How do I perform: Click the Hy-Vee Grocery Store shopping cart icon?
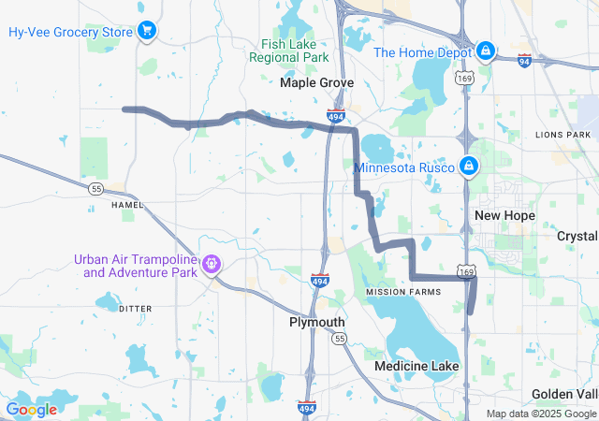click(x=147, y=32)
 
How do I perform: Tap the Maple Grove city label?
click(x=317, y=83)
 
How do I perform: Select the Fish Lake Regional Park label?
click(x=289, y=51)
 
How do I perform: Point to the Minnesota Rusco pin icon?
click(x=469, y=167)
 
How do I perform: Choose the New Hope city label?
click(x=504, y=215)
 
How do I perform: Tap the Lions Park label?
click(x=562, y=135)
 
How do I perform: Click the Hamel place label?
click(x=127, y=204)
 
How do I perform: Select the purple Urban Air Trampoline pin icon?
click(x=213, y=265)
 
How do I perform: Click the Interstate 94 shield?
click(x=525, y=61)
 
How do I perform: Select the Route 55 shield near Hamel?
click(x=95, y=188)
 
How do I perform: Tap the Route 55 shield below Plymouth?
click(x=339, y=337)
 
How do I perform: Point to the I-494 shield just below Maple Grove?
click(x=335, y=116)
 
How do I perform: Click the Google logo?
click(x=31, y=409)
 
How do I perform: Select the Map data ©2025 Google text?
click(x=540, y=414)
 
